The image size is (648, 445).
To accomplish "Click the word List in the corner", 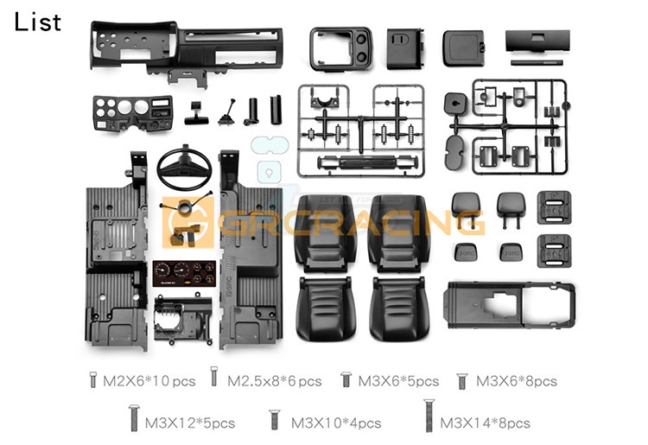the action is pyautogui.click(x=38, y=22).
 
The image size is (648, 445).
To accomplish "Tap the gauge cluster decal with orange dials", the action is pyautogui.click(x=184, y=274).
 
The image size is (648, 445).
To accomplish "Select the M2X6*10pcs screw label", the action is pyautogui.click(x=149, y=381).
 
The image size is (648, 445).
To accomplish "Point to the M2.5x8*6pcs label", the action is pyautogui.click(x=275, y=381).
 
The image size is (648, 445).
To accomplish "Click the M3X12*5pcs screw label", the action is pyautogui.click(x=190, y=423).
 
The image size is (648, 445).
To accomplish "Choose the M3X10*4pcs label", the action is pyautogui.click(x=336, y=423).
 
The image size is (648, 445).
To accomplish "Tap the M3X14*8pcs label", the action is pyautogui.click(x=485, y=423).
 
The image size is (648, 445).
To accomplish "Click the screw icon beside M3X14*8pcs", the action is pyautogui.click(x=429, y=416).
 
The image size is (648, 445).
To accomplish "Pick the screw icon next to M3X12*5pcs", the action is pyautogui.click(x=133, y=418).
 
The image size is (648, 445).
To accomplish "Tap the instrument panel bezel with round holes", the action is pyautogui.click(x=132, y=113).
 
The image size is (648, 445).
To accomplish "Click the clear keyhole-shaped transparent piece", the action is pyautogui.click(x=269, y=172).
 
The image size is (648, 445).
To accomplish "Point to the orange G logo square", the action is pyautogui.click(x=188, y=222).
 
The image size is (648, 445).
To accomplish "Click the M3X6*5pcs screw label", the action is pyautogui.click(x=398, y=381).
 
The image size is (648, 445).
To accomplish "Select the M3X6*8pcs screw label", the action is pyautogui.click(x=516, y=381).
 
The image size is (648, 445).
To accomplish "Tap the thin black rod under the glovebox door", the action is pyautogui.click(x=537, y=63).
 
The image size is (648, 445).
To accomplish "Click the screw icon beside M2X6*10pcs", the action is pyautogui.click(x=93, y=379).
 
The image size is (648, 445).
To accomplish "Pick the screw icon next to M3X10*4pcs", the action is pyautogui.click(x=275, y=420).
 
